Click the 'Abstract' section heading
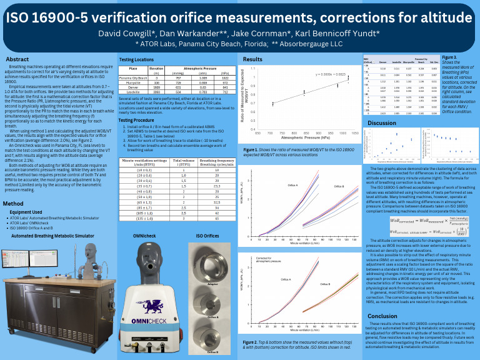click(17, 59)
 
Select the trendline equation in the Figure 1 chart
click(331, 74)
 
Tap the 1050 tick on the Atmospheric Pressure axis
click(354, 132)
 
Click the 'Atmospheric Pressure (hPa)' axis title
click(306, 137)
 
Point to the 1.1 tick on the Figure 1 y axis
click(252, 68)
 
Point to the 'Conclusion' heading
click(382, 316)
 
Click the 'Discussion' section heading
click(382, 123)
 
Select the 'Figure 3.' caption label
click(449, 57)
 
